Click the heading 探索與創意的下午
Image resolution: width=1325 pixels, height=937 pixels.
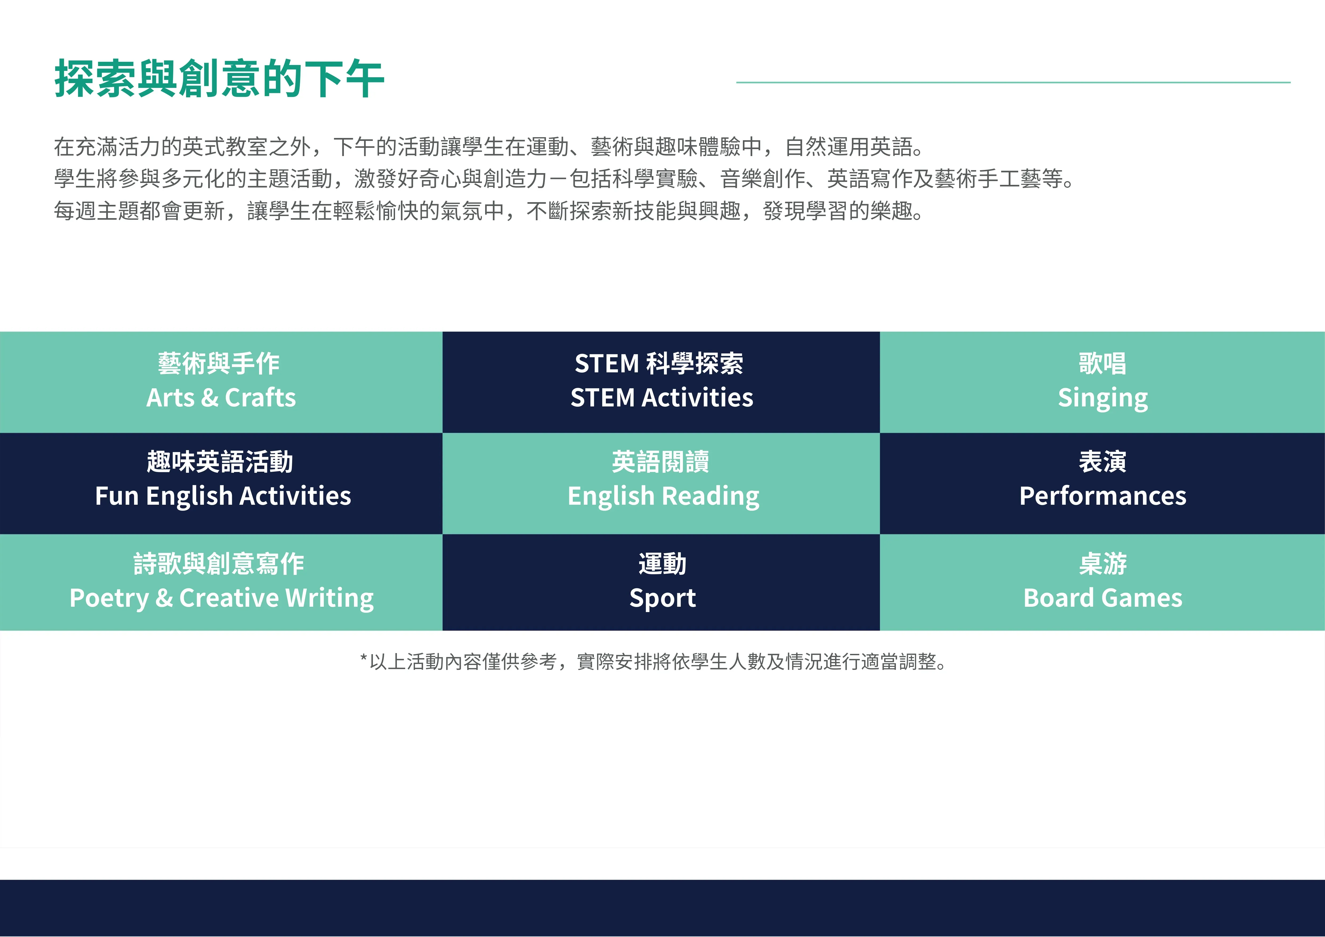point(219,79)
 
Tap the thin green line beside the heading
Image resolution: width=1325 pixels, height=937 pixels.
point(1013,83)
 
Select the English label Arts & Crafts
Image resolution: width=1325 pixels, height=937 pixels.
point(221,398)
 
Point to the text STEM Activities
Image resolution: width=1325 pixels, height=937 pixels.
point(662,398)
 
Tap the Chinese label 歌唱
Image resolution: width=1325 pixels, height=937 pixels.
point(1103,364)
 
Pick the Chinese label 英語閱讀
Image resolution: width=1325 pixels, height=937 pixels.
point(661,462)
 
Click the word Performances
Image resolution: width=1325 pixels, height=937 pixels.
point(1103,496)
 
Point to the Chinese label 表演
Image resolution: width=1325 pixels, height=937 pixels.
point(1103,462)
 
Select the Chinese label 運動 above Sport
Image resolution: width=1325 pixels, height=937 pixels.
point(662,564)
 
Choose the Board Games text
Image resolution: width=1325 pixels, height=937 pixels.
point(1103,598)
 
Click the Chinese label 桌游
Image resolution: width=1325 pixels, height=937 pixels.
point(1103,564)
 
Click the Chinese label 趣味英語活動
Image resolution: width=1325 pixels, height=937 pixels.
point(220,462)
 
